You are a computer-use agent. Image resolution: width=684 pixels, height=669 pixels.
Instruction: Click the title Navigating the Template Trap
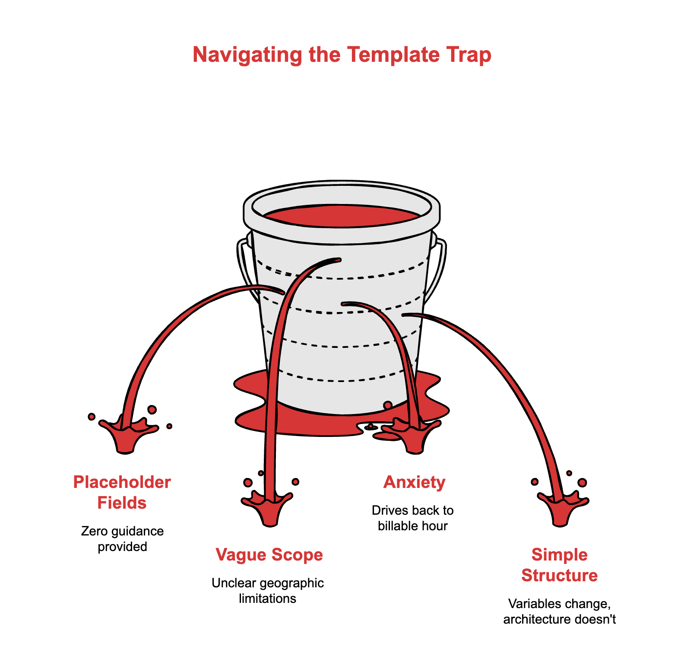pos(342,55)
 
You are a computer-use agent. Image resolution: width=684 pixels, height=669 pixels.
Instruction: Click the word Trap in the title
pos(472,55)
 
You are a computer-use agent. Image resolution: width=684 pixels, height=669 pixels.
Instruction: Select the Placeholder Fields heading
pos(122,492)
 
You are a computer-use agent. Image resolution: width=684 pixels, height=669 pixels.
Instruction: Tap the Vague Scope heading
pos(269,554)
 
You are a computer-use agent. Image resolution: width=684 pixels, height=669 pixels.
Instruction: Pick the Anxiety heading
pos(414,482)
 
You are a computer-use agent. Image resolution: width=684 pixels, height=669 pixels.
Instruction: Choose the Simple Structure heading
pos(559,565)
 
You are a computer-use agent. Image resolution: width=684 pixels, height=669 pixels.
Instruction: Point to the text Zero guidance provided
pos(122,538)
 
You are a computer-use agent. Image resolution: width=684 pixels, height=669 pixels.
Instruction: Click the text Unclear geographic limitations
pos(268,590)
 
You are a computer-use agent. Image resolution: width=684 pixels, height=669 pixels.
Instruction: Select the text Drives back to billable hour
pos(413,518)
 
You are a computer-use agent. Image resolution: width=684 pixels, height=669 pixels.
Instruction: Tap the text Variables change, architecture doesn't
pos(559,611)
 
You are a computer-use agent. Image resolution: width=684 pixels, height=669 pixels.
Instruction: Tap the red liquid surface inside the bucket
pos(341,216)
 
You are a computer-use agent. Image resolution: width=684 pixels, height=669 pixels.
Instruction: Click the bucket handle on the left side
pos(244,264)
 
